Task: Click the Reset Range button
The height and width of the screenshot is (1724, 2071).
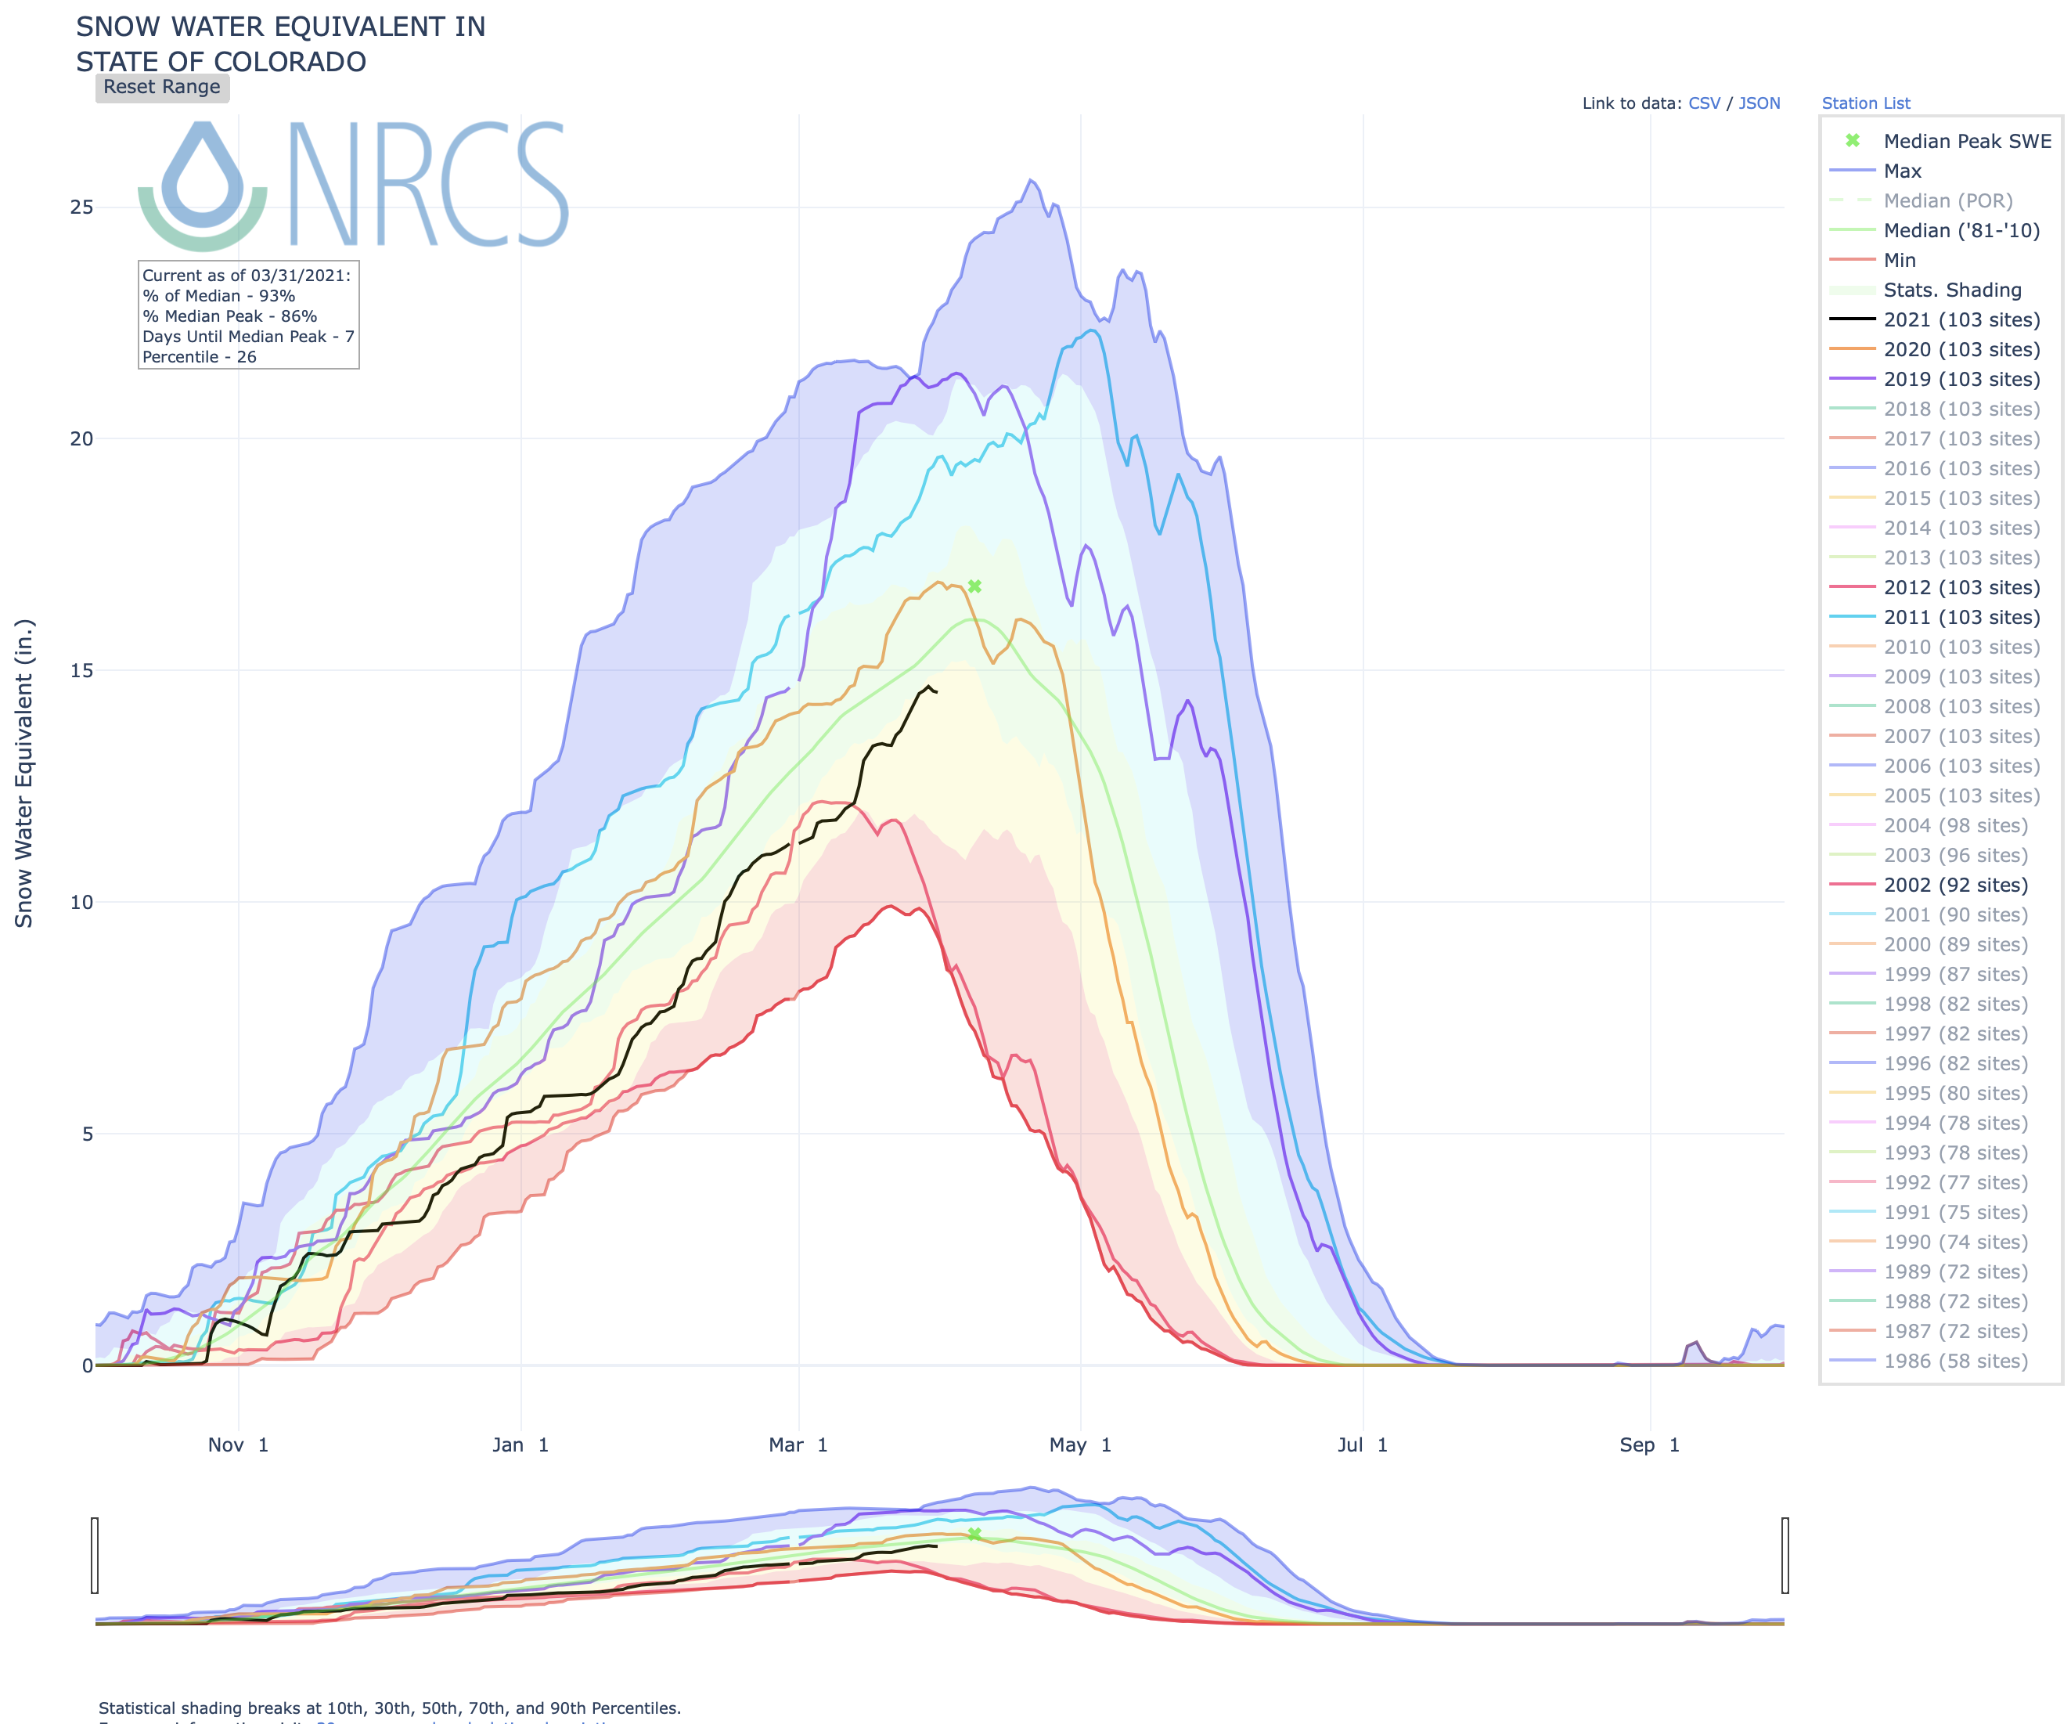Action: pos(162,87)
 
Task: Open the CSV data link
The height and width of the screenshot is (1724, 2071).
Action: pos(1704,103)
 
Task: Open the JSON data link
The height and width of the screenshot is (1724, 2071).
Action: pos(1759,103)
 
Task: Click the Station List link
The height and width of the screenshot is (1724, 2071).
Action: pos(1865,103)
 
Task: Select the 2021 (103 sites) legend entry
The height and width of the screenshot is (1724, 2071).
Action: pos(1961,319)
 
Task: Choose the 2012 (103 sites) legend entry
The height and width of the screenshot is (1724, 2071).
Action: pos(1961,587)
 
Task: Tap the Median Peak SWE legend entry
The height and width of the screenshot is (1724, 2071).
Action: pos(1966,141)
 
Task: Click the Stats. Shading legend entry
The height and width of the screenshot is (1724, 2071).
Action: pos(1952,290)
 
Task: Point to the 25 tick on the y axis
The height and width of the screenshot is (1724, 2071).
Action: pos(81,207)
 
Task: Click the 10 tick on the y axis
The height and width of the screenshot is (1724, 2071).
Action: pos(81,901)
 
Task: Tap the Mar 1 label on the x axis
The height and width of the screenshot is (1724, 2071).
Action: pos(798,1444)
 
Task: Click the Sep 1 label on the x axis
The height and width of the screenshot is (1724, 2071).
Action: pos(1649,1444)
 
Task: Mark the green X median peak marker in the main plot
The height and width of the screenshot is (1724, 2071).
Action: pos(974,587)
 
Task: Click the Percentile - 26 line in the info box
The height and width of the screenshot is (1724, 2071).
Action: pos(200,357)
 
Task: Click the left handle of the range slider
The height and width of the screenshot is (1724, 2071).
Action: pos(95,1556)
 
